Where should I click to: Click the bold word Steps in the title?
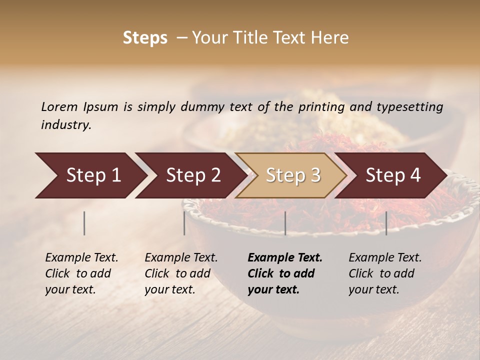coord(145,38)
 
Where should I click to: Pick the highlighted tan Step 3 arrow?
coord(293,175)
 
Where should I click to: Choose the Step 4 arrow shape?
coord(393,175)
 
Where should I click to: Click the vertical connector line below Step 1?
coord(84,223)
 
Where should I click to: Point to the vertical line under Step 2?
coord(184,223)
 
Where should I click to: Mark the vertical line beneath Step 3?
coord(285,223)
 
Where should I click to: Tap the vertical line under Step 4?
coord(386,223)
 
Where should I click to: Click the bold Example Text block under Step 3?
coord(285,273)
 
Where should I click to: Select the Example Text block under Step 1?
coord(81,273)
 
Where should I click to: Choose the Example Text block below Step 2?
coord(181,273)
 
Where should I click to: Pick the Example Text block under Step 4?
coord(385,273)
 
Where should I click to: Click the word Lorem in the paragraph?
coord(59,106)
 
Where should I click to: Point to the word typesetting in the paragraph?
coord(409,106)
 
